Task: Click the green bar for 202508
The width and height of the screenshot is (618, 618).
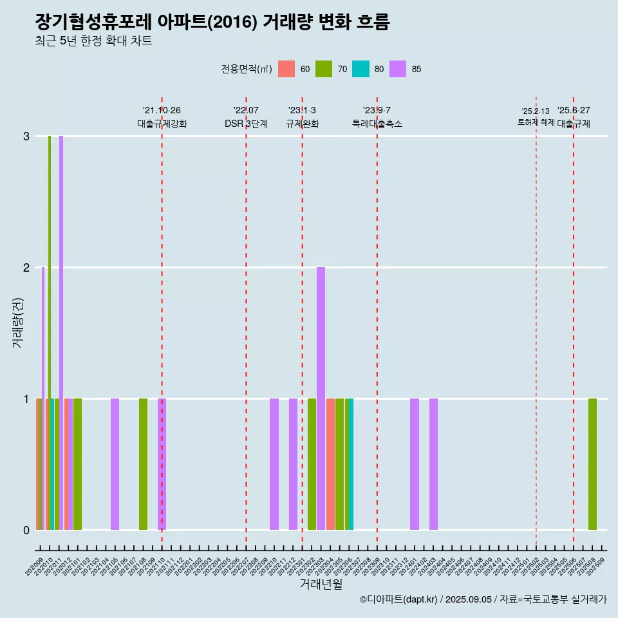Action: click(592, 464)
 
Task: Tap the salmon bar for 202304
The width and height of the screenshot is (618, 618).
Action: click(330, 464)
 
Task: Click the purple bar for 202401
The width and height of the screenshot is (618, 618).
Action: click(415, 464)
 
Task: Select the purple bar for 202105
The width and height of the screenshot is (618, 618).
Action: click(115, 464)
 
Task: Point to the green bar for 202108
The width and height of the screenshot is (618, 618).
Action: click(143, 464)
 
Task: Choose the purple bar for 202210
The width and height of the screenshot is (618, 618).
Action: click(274, 464)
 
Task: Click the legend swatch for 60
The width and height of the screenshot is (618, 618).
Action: click(286, 69)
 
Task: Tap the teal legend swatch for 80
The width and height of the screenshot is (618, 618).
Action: click(360, 69)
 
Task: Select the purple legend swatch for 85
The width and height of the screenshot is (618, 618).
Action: click(398, 69)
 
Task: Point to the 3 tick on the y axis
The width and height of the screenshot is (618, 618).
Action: click(26, 136)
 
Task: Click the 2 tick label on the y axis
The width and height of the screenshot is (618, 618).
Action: click(26, 268)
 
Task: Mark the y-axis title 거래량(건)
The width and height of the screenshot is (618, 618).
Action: click(18, 323)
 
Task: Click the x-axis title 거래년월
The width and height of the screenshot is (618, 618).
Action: click(321, 584)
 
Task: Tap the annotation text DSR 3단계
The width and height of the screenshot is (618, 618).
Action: click(246, 124)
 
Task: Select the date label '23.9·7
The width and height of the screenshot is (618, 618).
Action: click(377, 110)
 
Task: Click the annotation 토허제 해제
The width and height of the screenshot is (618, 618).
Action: click(536, 122)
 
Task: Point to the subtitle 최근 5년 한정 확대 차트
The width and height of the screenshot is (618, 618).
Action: click(93, 41)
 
